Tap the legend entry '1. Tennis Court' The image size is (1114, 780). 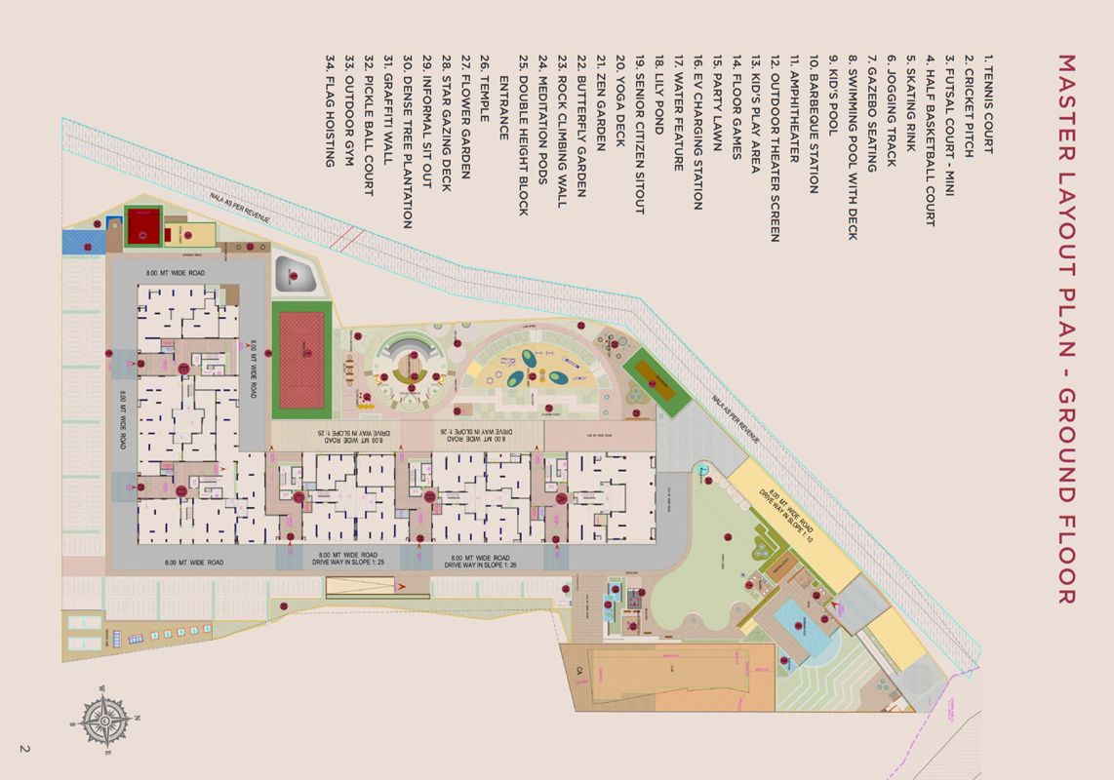point(988,104)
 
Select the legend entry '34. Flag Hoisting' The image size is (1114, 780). point(331,110)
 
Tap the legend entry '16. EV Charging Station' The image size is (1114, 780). point(697,132)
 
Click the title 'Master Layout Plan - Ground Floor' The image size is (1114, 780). point(1066,329)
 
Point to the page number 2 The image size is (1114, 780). point(23,749)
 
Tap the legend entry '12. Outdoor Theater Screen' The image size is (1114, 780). point(776,147)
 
